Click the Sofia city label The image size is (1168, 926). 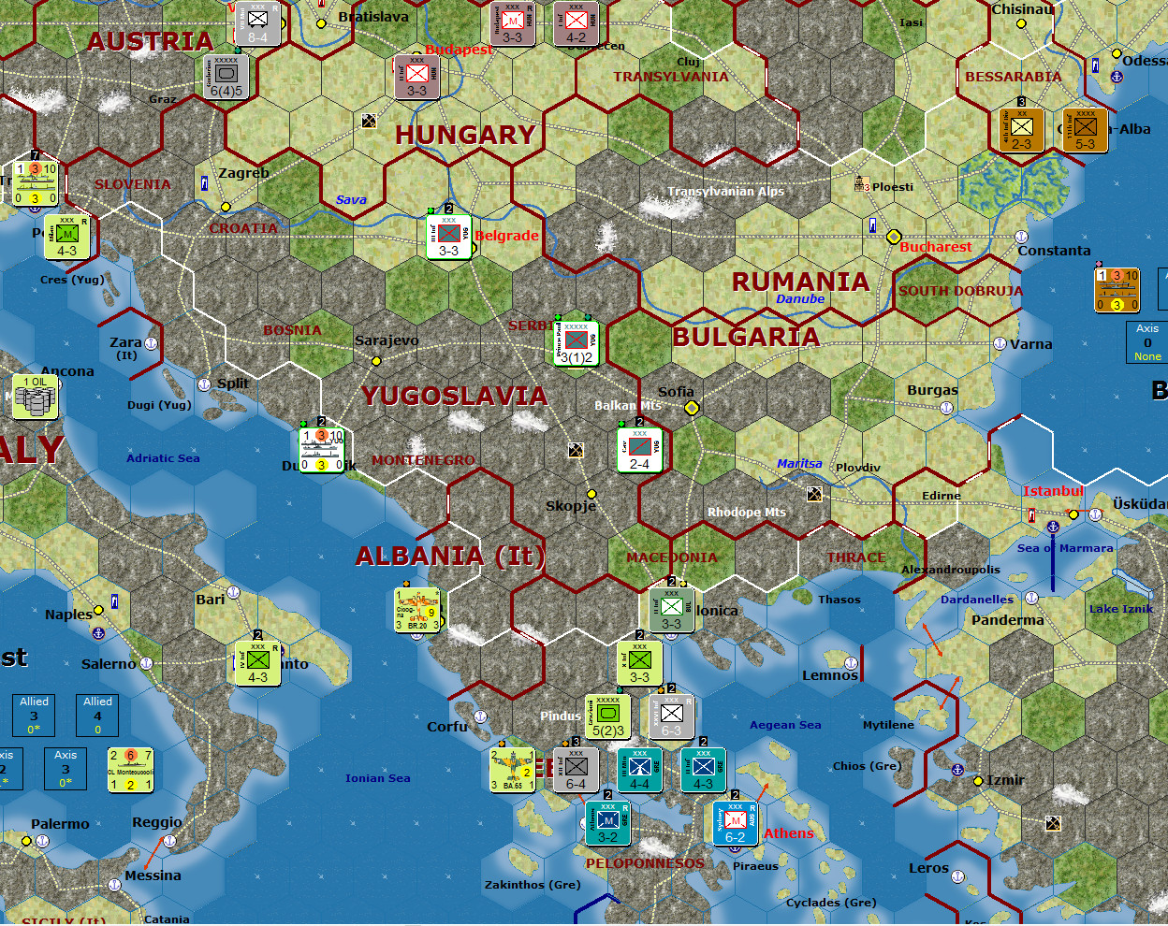[676, 392]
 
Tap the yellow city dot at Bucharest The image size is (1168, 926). [894, 237]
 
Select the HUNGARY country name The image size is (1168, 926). [465, 135]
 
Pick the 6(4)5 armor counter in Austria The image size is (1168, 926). [226, 78]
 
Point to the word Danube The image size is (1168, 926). [800, 299]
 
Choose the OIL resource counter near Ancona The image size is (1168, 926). [36, 397]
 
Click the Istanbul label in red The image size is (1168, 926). [1052, 491]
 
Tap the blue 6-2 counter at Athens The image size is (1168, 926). [735, 824]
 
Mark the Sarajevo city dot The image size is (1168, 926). [376, 361]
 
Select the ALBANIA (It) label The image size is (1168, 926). [449, 556]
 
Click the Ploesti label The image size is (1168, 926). [892, 187]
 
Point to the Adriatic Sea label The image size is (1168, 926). [163, 458]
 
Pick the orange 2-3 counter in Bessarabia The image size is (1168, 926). [1021, 130]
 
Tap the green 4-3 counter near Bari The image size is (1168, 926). [257, 663]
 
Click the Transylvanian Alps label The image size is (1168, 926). [725, 192]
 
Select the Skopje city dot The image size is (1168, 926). [591, 494]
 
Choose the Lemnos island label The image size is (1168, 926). [829, 675]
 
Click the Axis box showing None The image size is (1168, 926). [1147, 342]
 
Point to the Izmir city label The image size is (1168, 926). [1005, 780]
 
